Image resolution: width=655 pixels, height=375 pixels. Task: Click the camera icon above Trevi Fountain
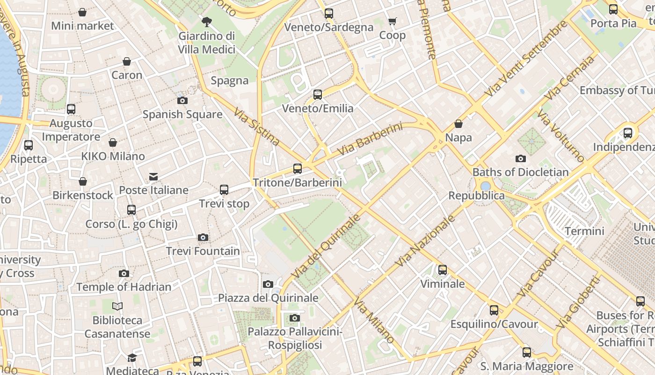coord(203,238)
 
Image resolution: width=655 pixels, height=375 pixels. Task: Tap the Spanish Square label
coord(182,114)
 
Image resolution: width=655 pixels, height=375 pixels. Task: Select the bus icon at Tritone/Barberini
coord(298,169)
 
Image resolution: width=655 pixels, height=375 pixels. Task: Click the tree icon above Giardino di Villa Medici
coord(206,22)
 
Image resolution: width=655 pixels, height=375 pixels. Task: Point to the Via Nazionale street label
coord(425,241)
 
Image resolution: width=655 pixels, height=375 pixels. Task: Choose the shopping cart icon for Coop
coord(392,21)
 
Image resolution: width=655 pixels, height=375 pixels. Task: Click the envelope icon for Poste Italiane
coord(153,177)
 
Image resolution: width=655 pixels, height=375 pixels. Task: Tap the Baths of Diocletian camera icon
coord(520,159)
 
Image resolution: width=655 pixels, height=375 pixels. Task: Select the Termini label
coord(584,231)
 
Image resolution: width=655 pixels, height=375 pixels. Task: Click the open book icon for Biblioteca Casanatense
coord(117,307)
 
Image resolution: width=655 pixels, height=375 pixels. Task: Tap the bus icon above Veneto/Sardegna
coord(329,14)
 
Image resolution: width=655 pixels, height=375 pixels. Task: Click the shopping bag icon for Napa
coord(458,124)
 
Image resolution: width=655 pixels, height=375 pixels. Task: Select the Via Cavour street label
coord(538,273)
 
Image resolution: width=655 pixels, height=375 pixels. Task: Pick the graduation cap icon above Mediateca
coord(132,358)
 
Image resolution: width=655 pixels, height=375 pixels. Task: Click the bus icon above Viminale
coord(442,270)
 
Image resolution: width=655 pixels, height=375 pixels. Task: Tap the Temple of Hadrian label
coord(124,287)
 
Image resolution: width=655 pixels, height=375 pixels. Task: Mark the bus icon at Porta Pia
coord(613,9)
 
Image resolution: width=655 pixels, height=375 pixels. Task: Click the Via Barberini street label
coord(370,140)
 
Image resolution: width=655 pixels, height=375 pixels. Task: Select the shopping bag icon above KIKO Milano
coord(113,142)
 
